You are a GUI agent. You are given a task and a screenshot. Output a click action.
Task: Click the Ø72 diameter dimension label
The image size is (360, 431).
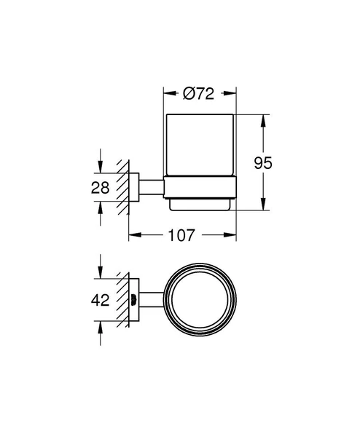coord(198,93)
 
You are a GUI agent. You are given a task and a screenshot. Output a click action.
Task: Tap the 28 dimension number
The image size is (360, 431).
coord(101,187)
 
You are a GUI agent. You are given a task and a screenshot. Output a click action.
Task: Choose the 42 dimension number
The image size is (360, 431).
coord(101,301)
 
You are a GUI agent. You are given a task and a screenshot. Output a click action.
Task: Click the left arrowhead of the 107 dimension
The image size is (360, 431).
coord(133,235)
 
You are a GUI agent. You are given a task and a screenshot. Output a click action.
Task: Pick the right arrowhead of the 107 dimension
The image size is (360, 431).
coord(233,235)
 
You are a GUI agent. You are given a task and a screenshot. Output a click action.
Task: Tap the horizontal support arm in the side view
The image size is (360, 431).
coord(150,187)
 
